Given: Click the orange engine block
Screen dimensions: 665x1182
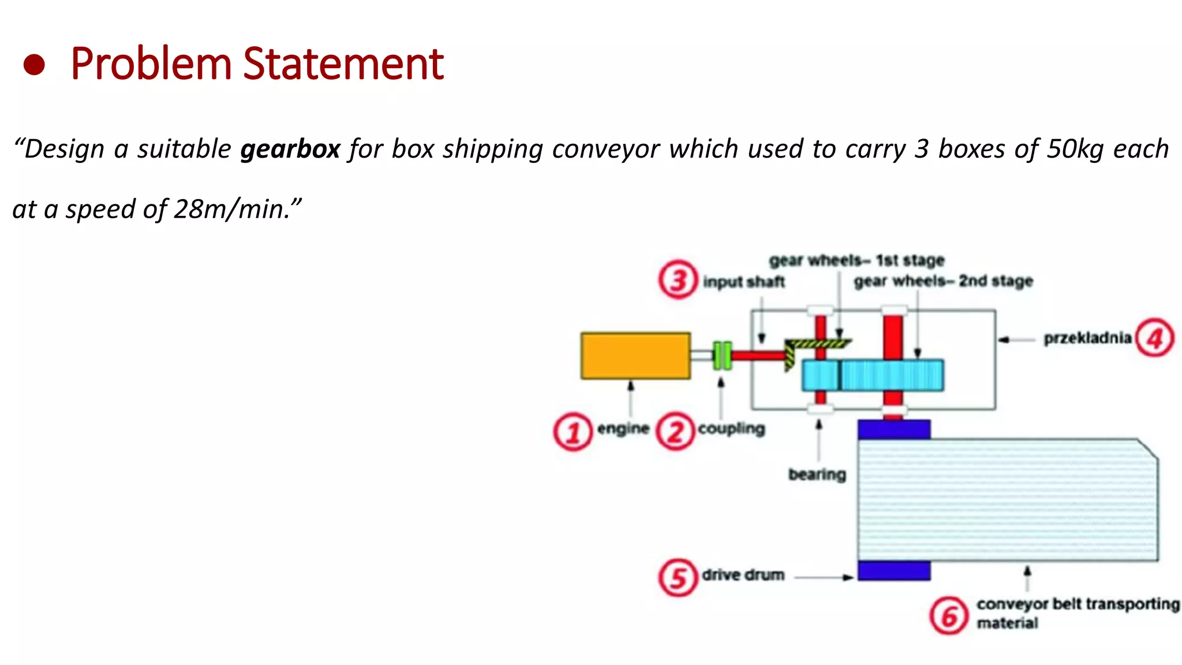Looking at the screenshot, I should click(x=635, y=356).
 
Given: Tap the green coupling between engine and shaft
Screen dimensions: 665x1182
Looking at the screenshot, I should click(x=723, y=356).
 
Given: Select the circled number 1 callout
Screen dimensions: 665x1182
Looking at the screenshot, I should click(x=573, y=432).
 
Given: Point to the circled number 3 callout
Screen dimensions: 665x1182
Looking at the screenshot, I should click(x=678, y=280).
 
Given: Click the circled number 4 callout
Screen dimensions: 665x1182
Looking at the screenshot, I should click(x=1154, y=338).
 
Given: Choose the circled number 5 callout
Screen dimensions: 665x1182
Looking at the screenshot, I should click(x=678, y=577).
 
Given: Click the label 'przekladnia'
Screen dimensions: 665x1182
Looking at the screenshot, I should click(x=1087, y=338).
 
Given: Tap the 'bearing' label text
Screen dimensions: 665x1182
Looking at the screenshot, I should click(x=817, y=475).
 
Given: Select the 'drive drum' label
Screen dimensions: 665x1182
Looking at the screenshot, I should click(x=743, y=575).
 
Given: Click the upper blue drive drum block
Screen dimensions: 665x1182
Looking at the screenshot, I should click(x=893, y=429).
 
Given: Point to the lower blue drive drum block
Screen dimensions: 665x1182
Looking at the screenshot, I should click(x=893, y=570).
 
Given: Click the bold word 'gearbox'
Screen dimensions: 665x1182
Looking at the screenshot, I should click(x=290, y=150).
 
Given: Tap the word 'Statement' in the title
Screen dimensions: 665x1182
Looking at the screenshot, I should click(x=343, y=63).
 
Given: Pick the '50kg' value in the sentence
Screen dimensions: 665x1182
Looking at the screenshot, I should click(x=1075, y=150).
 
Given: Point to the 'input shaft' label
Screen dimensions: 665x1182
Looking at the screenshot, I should click(x=744, y=282).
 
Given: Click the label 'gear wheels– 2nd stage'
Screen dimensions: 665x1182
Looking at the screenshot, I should click(x=943, y=281).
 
